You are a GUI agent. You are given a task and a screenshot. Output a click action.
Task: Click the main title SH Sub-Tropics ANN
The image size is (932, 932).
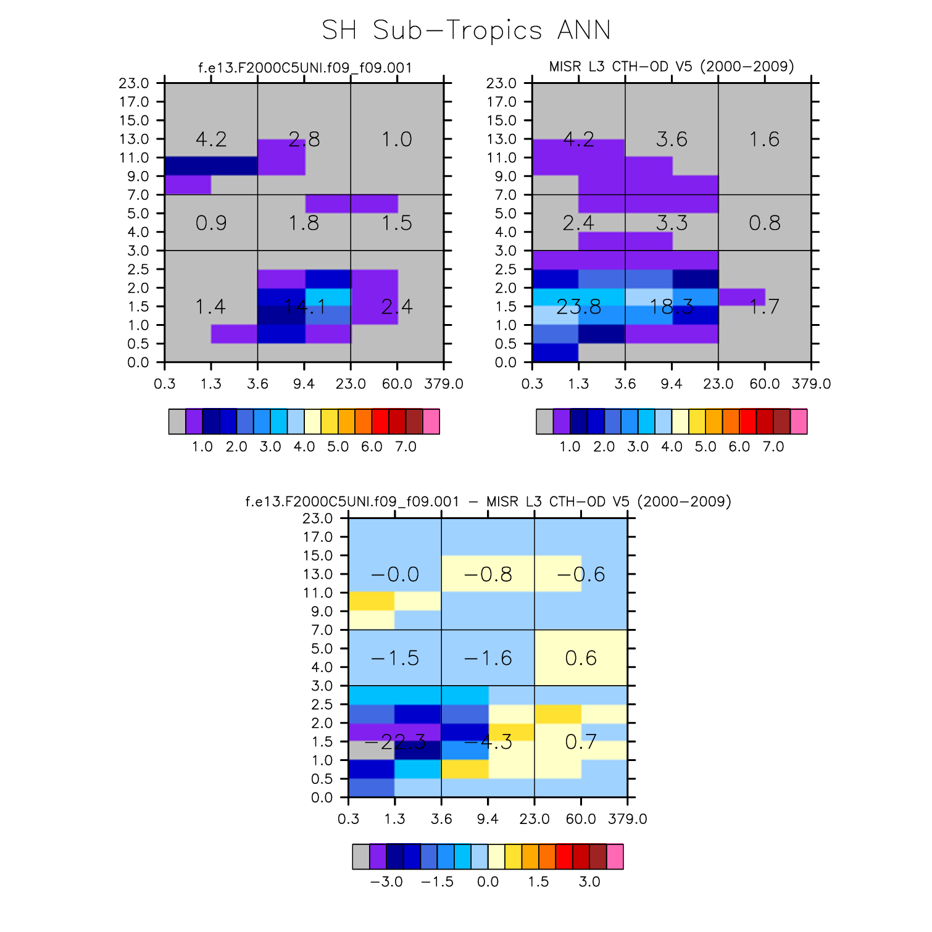click(x=466, y=30)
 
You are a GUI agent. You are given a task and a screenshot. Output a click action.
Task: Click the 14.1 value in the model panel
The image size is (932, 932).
click(x=304, y=307)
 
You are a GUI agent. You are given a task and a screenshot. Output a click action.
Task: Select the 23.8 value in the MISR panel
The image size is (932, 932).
click(x=578, y=307)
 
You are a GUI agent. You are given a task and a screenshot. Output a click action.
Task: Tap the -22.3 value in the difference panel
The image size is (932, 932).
click(x=395, y=742)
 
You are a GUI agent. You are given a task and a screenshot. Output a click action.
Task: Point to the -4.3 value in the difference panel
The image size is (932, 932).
click(x=488, y=742)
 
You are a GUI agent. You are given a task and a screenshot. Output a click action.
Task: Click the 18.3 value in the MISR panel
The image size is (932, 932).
click(x=672, y=307)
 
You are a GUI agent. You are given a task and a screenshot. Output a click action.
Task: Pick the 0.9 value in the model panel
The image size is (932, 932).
click(x=211, y=223)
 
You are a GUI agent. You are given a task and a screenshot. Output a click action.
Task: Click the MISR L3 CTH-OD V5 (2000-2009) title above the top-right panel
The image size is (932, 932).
click(x=672, y=66)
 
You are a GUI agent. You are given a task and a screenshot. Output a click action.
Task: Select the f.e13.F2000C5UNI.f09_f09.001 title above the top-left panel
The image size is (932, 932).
click(x=304, y=67)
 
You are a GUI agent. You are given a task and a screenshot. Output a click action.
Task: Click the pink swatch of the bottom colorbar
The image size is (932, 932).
click(x=615, y=857)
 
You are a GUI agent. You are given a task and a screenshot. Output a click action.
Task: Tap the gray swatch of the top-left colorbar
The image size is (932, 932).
click(x=177, y=422)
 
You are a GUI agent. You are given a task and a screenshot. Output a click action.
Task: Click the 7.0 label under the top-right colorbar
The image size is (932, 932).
click(x=773, y=447)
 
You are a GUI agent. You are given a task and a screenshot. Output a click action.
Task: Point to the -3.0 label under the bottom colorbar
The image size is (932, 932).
click(x=386, y=882)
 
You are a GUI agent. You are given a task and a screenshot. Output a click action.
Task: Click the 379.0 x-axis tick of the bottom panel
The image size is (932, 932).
click(x=628, y=819)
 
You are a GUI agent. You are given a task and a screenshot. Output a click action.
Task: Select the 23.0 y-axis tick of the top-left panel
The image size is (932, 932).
click(x=134, y=83)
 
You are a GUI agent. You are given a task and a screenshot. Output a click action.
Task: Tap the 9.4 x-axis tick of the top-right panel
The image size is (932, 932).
click(x=672, y=384)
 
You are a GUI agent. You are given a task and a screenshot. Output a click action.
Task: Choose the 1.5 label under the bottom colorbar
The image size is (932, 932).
click(x=538, y=882)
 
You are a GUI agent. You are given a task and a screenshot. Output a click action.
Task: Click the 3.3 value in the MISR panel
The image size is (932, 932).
click(x=672, y=223)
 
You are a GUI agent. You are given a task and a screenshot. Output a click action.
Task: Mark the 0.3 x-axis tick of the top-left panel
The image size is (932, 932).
click(x=165, y=384)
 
